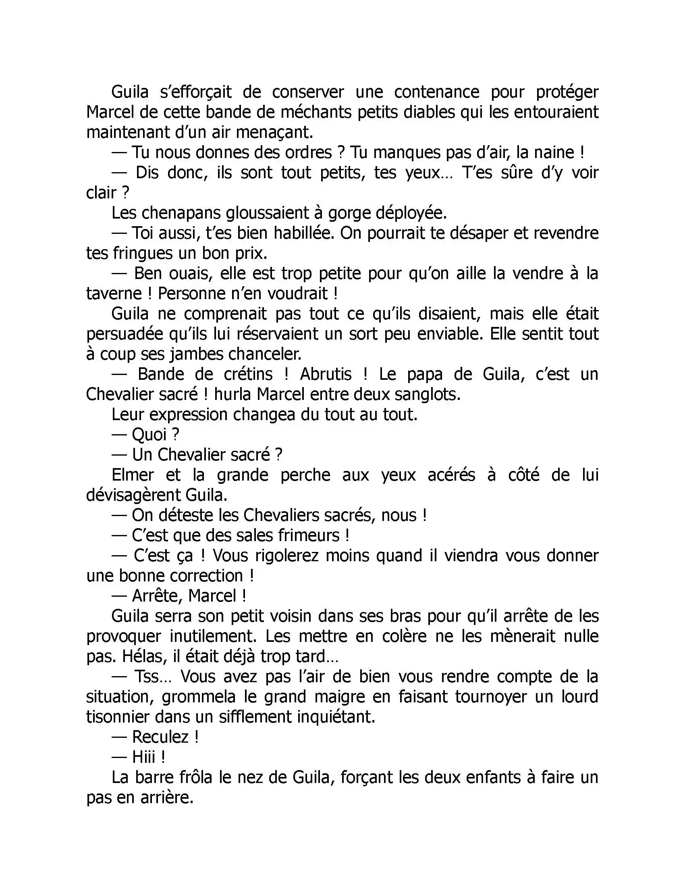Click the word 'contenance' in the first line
coord(437,92)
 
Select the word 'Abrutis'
coord(326,374)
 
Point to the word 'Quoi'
coord(149,435)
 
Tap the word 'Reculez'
coord(160,737)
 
